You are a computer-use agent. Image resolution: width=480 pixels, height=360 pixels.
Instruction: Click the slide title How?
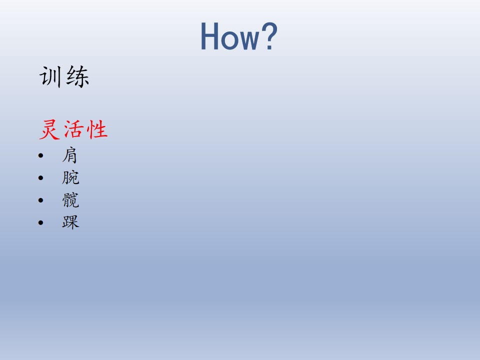tap(239, 36)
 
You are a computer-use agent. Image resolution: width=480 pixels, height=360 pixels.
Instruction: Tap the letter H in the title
tap(209, 36)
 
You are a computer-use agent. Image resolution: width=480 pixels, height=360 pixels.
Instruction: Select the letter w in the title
tap(248, 39)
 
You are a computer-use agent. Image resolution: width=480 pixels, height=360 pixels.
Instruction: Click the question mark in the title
tap(269, 36)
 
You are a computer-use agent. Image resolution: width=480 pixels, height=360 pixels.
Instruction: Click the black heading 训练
tap(64, 77)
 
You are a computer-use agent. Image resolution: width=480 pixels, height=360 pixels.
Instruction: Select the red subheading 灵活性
tap(73, 129)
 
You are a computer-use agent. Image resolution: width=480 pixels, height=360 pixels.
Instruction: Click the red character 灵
tap(49, 130)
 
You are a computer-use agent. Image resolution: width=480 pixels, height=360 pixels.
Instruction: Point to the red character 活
tap(74, 129)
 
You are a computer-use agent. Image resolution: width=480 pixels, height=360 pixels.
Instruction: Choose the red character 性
tap(97, 129)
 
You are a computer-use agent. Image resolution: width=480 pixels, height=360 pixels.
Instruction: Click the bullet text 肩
tap(70, 155)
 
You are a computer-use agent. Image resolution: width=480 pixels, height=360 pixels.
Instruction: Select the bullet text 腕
tap(70, 177)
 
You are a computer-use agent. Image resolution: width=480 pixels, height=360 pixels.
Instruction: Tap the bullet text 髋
tap(70, 200)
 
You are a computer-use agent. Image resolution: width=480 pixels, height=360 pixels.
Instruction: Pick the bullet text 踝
tap(70, 222)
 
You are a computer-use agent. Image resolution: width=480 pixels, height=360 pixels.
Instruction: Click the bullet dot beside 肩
tap(41, 156)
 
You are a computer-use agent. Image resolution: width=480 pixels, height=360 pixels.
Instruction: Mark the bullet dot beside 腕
tap(41, 178)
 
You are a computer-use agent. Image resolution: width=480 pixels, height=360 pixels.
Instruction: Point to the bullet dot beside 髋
tap(41, 200)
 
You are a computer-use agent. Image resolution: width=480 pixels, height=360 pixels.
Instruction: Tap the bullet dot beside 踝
tap(41, 222)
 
